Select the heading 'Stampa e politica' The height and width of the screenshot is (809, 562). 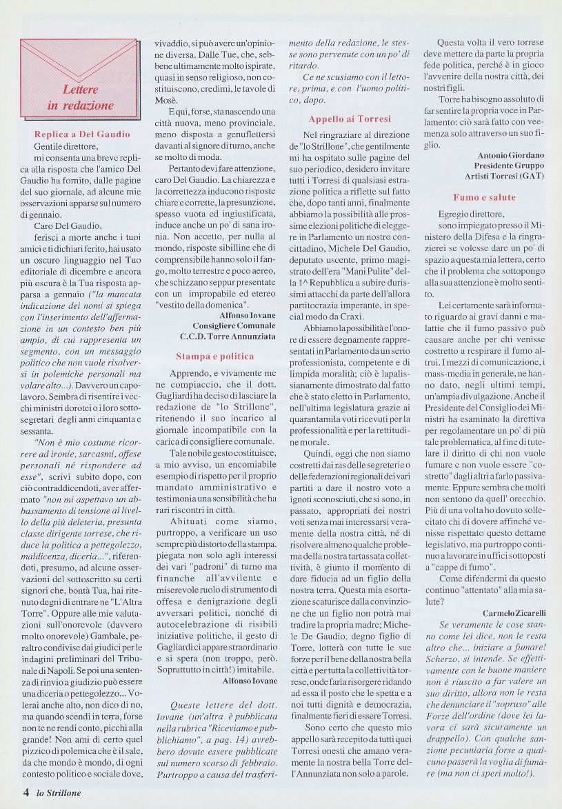point(214,357)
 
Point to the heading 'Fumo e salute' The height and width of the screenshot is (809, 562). point(484,197)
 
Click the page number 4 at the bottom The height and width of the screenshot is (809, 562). point(26,792)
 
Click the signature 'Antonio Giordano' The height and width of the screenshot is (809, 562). point(510,155)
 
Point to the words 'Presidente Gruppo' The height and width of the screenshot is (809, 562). point(509,166)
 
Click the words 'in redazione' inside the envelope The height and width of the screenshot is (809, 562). point(80,106)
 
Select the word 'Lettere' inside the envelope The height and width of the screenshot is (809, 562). point(81,90)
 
